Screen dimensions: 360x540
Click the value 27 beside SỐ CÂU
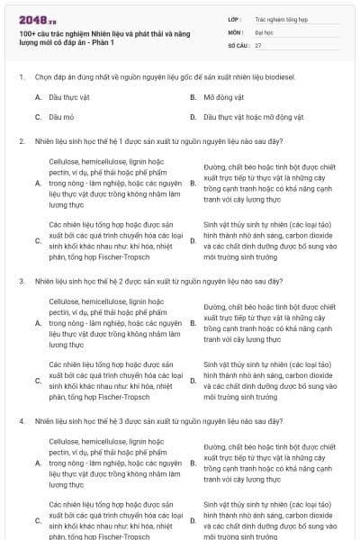[x=258, y=44]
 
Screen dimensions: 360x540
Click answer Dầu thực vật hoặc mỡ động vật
[x=254, y=117]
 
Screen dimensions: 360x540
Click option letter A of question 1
[x=38, y=96]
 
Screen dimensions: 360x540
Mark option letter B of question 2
[x=193, y=184]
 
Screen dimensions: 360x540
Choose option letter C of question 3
[x=38, y=380]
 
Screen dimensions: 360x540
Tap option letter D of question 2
[x=193, y=240]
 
